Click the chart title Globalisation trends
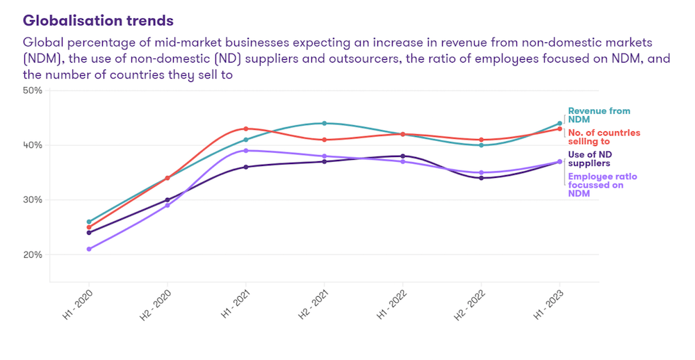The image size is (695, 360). pyautogui.click(x=98, y=21)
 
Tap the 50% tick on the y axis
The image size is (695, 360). pyautogui.click(x=33, y=90)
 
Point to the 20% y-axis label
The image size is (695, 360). pyautogui.click(x=33, y=254)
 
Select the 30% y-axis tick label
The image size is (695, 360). pyautogui.click(x=33, y=199)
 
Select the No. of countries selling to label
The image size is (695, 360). pyautogui.click(x=604, y=137)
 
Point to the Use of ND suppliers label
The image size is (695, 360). pyautogui.click(x=589, y=159)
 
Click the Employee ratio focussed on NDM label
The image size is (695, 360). pyautogui.click(x=602, y=185)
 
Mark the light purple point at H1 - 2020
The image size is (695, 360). pyautogui.click(x=89, y=249)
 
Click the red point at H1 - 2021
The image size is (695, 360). pyautogui.click(x=246, y=129)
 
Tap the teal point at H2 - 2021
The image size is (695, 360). pyautogui.click(x=325, y=123)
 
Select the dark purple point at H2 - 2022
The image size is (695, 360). pyautogui.click(x=481, y=178)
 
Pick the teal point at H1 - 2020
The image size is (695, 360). pyautogui.click(x=89, y=222)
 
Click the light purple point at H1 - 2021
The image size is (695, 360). pyautogui.click(x=246, y=151)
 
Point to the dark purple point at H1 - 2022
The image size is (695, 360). pyautogui.click(x=403, y=156)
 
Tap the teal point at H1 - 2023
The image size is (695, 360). pyautogui.click(x=559, y=124)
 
